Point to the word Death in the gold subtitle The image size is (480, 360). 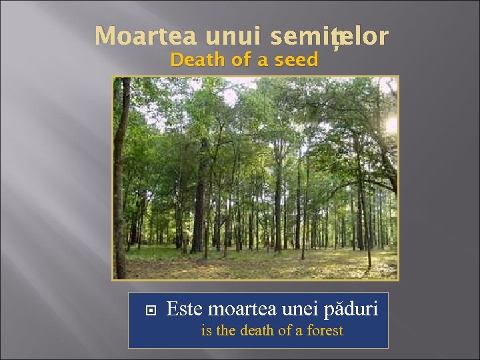195,60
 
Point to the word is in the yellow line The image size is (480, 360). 205,330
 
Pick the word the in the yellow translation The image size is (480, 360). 225,330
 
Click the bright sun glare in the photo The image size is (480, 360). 391,123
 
